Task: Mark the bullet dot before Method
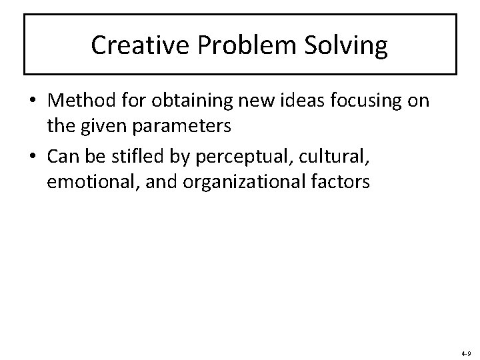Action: pyautogui.click(x=31, y=101)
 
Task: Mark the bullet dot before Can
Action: pyautogui.click(x=31, y=158)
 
